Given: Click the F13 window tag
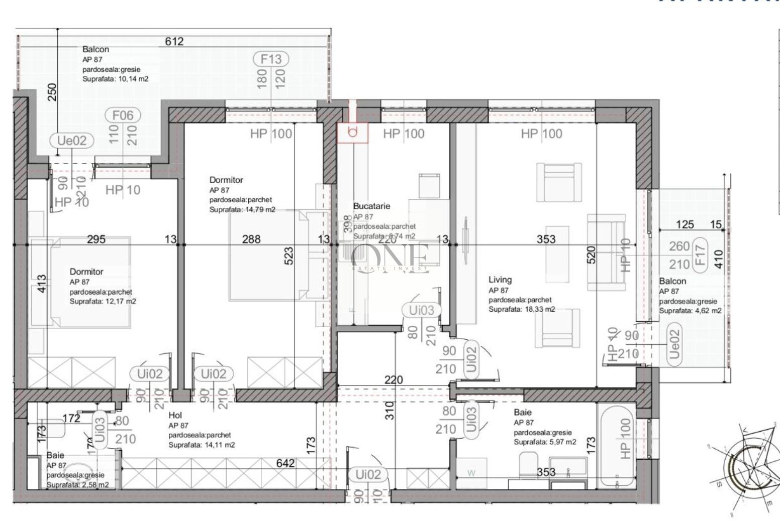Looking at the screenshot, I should [x=271, y=59].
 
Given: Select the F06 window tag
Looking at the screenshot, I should [x=123, y=115].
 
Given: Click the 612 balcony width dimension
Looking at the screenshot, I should [x=174, y=42].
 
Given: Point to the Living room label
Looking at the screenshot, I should [x=500, y=280].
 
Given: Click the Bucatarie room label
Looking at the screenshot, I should [x=371, y=206].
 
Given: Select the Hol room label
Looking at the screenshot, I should [x=175, y=415].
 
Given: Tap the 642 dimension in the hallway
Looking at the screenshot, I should [x=286, y=463].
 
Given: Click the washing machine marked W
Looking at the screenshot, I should [x=471, y=473].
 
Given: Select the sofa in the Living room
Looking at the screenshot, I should [x=607, y=252].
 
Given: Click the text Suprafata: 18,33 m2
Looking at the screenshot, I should [x=522, y=309].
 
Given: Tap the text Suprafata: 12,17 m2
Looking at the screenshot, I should [x=103, y=302].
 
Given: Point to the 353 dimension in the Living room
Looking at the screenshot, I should [x=546, y=239].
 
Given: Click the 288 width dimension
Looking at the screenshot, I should [x=251, y=239].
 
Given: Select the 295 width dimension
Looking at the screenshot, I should [x=96, y=239].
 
